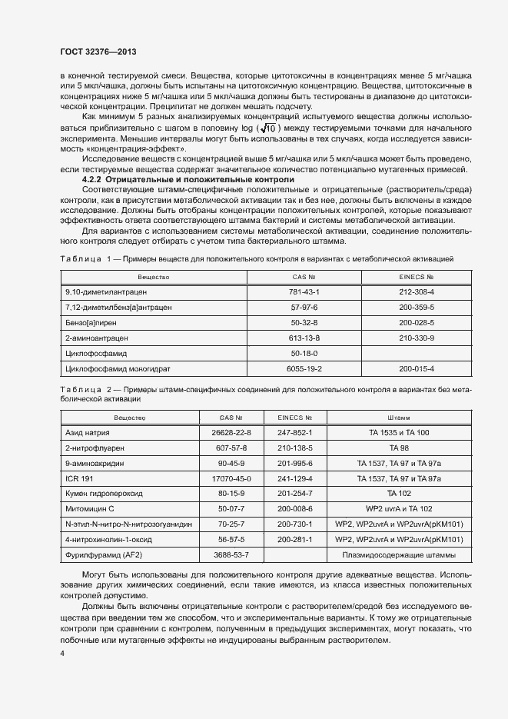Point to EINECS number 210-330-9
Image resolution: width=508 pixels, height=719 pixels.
pyautogui.click(x=417, y=338)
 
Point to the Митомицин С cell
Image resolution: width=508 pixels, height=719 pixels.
pyautogui.click(x=90, y=509)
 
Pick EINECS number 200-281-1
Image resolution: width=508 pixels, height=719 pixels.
pyautogui.click(x=294, y=540)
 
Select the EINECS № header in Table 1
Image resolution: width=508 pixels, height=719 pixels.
pyautogui.click(x=417, y=276)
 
